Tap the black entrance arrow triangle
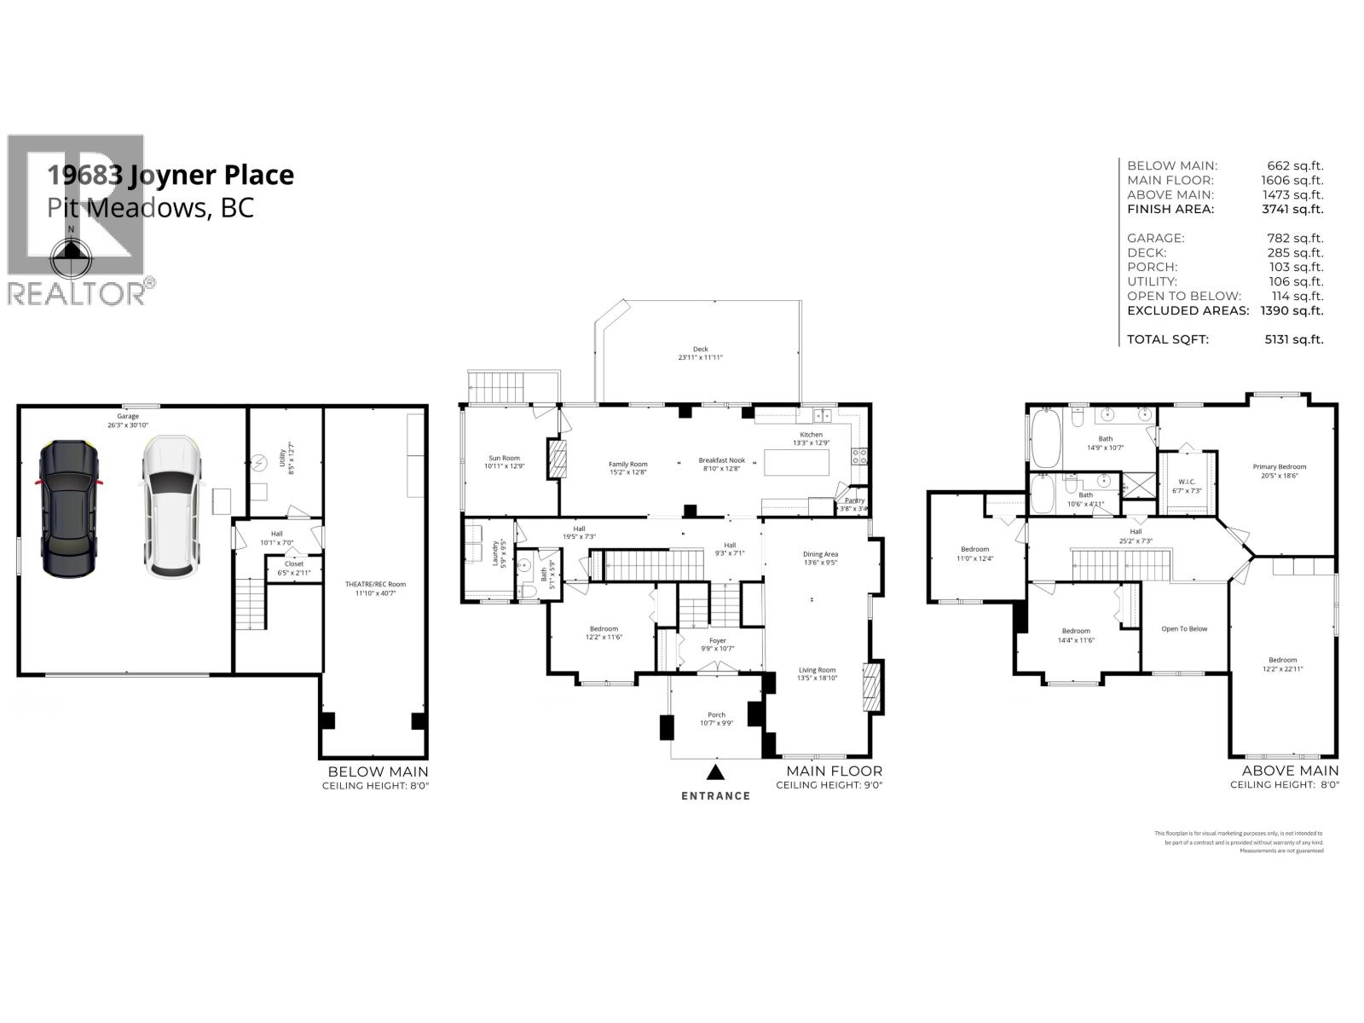tap(716, 772)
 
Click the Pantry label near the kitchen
tap(854, 500)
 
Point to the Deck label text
tap(700, 349)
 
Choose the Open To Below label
tap(1184, 629)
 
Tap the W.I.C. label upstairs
tap(1187, 482)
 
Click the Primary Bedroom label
tap(1279, 466)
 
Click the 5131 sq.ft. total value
tap(1294, 339)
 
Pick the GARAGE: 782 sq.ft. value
tap(1295, 238)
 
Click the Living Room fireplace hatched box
tap(871, 686)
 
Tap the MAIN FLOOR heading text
tap(828, 771)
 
